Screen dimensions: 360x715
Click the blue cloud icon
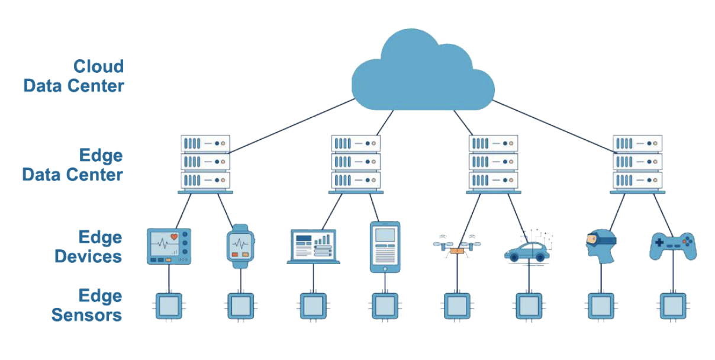pyautogui.click(x=423, y=74)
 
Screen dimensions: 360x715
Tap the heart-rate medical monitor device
pyautogui.click(x=169, y=246)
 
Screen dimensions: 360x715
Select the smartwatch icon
pyautogui.click(x=240, y=245)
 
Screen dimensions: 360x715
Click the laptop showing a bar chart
pyautogui.click(x=313, y=246)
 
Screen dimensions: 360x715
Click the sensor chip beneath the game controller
pyautogui.click(x=673, y=306)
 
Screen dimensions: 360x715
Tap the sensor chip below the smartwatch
pyautogui.click(x=240, y=306)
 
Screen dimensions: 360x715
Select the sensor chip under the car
pyautogui.click(x=528, y=306)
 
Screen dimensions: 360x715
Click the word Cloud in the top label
pyautogui.click(x=98, y=66)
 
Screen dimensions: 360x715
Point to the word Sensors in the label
pyautogui.click(x=86, y=315)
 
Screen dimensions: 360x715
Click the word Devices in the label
pyautogui.click(x=88, y=256)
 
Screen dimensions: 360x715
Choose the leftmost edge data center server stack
pyautogui.click(x=205, y=163)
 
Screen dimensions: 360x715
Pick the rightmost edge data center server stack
pyautogui.click(x=637, y=163)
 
